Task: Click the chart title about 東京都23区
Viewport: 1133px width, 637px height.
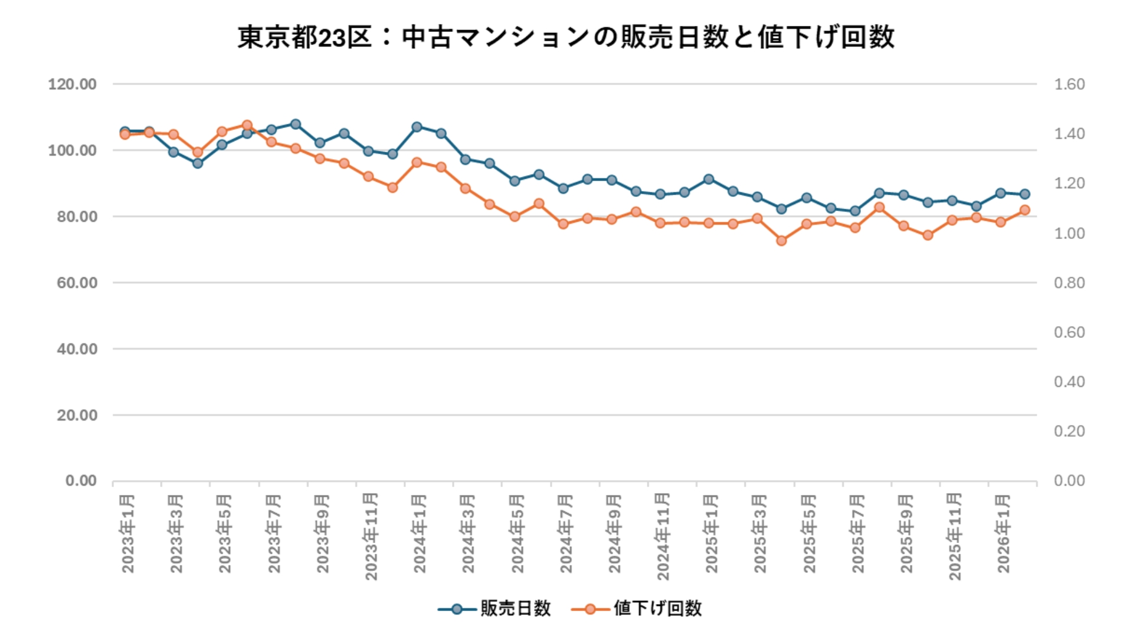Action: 566,37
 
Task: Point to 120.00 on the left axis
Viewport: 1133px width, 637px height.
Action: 73,84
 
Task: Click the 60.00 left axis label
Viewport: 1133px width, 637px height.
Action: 77,283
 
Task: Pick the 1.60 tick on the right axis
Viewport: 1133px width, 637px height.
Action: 1069,84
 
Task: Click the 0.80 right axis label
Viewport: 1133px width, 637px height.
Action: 1069,283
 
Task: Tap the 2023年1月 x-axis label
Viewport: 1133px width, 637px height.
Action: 128,534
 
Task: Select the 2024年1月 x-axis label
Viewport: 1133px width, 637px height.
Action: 420,534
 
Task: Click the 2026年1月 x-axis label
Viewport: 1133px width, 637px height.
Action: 1003,534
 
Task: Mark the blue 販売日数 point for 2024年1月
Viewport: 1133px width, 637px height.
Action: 417,127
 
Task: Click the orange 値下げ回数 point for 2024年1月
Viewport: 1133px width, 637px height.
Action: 417,162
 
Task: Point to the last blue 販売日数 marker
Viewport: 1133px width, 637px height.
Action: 1025,194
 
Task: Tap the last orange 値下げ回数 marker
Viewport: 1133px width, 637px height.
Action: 1025,210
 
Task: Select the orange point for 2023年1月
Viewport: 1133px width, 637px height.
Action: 125,134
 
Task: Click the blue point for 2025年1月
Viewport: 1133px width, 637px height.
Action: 709,179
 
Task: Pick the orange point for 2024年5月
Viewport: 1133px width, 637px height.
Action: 515,216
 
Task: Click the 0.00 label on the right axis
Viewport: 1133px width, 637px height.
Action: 1069,481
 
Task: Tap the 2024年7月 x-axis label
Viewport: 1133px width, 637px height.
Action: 566,534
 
